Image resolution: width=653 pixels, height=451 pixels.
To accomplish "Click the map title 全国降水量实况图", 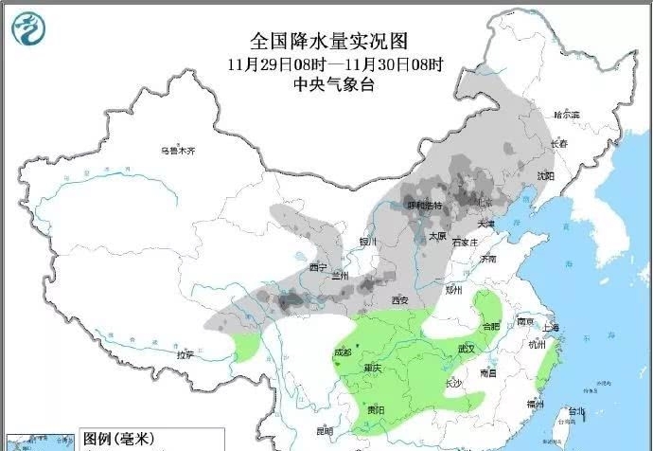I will tap(326, 42).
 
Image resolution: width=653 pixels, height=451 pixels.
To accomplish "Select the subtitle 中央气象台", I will tap(326, 83).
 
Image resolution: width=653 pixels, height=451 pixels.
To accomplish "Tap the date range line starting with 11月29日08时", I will tap(326, 63).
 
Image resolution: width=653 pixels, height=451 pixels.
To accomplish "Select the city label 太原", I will tap(436, 236).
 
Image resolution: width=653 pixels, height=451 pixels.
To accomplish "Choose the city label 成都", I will tap(342, 352).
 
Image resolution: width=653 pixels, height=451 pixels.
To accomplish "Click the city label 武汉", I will tap(465, 349).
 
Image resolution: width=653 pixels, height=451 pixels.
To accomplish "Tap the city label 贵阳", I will tap(374, 410).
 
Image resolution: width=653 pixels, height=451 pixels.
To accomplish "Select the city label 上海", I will tap(552, 328).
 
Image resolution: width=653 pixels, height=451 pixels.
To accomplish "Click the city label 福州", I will tap(535, 404).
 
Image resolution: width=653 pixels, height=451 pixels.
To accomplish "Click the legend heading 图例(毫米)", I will tap(118, 439).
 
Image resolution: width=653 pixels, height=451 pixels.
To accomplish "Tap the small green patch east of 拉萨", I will tap(244, 347).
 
